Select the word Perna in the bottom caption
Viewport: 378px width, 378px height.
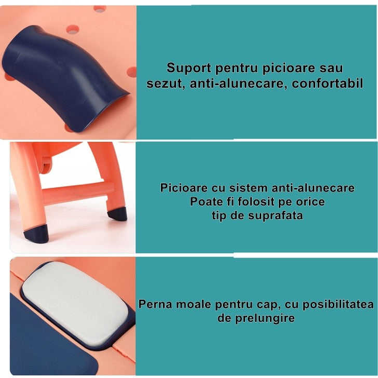(154, 304)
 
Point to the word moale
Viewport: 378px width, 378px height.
(191, 304)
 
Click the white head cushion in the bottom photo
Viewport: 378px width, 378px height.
(78, 301)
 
